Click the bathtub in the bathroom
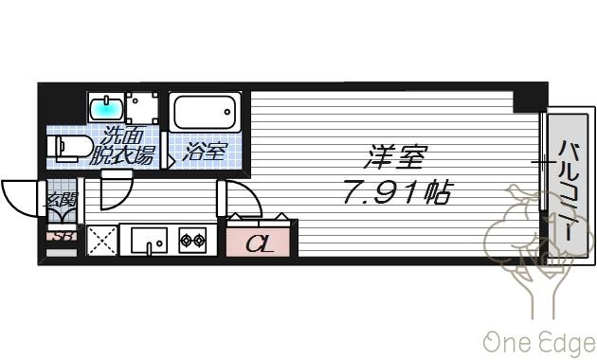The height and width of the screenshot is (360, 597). [205, 112]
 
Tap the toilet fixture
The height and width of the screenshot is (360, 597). [70, 148]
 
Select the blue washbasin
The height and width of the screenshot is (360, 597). [106, 106]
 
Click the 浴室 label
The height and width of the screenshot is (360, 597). [205, 151]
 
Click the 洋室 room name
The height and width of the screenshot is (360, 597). [395, 156]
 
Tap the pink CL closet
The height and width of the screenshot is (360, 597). [258, 242]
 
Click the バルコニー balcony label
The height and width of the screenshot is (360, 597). [568, 190]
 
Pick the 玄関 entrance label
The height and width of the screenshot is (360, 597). [62, 199]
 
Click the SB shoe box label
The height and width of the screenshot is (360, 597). [63, 236]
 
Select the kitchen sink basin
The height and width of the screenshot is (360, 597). [149, 241]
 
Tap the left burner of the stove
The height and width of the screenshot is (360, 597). [186, 240]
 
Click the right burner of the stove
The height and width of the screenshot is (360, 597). [199, 240]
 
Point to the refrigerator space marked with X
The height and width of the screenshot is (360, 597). [101, 241]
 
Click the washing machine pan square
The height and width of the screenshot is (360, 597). [142, 107]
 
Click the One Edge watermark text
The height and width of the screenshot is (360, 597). [539, 342]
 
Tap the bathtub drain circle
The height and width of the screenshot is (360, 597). [227, 112]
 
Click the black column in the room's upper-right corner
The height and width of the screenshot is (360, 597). [530, 100]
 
